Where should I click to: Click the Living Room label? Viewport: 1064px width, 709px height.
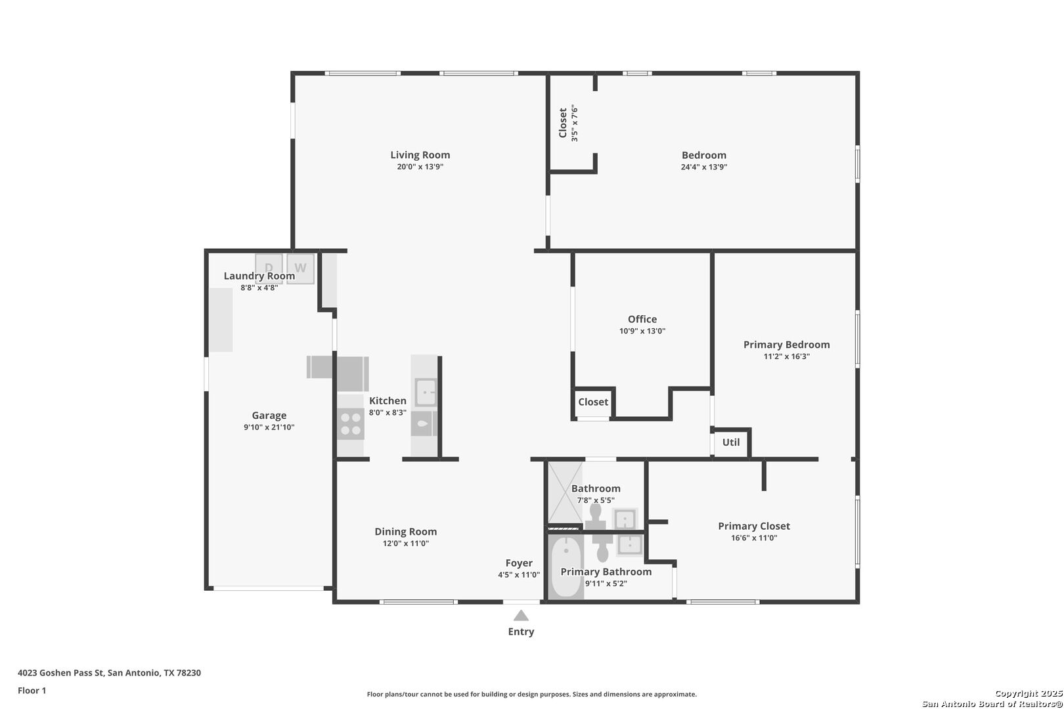point(420,155)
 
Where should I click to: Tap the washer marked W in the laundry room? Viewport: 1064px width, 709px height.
point(300,269)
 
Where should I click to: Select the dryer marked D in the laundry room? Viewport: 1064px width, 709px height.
point(269,269)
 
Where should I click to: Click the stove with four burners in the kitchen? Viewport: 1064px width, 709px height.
point(351,424)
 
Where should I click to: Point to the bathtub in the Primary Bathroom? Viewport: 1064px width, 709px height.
point(565,567)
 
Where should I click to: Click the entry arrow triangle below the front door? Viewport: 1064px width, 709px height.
point(521,615)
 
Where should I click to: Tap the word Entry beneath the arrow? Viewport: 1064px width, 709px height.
point(521,632)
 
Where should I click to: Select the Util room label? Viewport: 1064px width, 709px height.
point(731,442)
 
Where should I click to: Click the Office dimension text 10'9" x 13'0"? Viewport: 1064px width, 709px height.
point(642,331)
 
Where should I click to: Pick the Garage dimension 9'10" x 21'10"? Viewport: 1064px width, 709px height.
point(269,427)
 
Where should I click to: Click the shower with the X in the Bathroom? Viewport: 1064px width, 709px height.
point(565,492)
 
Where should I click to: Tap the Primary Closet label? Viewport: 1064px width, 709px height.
point(754,526)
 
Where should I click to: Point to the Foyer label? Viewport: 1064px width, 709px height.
point(519,563)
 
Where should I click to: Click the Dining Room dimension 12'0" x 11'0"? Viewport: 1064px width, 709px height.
point(406,544)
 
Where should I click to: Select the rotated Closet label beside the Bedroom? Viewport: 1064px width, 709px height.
point(563,123)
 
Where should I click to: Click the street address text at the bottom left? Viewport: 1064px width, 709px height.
point(109,673)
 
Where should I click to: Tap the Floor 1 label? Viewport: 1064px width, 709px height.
point(32,691)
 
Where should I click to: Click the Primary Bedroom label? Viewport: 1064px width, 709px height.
point(787,345)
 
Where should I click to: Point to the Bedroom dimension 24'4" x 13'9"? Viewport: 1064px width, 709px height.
point(704,167)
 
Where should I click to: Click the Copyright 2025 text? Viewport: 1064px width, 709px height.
point(1029,694)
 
